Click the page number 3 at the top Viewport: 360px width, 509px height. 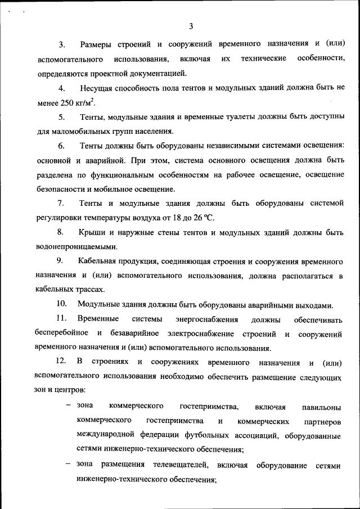coord(191,26)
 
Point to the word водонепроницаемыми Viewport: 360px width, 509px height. coord(76,246)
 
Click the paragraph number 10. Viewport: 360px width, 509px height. coord(62,305)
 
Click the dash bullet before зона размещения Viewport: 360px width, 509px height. coord(68,465)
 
